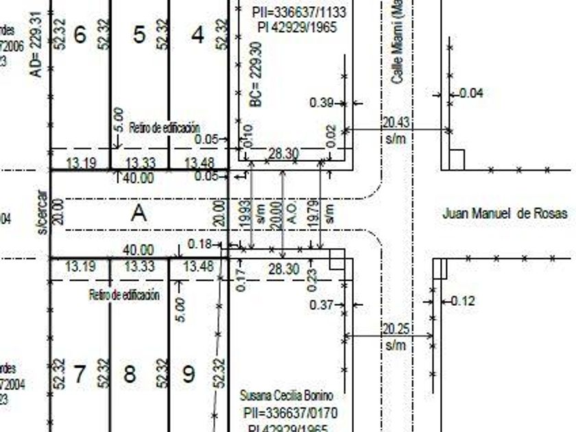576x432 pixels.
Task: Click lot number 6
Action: coord(80,34)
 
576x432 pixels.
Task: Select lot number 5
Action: coord(139,34)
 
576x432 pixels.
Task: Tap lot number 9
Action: coord(189,374)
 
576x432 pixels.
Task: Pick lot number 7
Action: coord(80,374)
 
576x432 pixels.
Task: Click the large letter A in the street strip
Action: coord(139,213)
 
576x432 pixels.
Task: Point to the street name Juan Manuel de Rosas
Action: coord(505,214)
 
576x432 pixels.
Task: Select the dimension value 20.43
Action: coord(395,122)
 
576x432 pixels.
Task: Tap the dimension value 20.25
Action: coord(395,328)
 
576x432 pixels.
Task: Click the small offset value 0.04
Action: coord(470,93)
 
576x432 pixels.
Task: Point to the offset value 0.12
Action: coord(463,300)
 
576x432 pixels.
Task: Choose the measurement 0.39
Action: coord(322,103)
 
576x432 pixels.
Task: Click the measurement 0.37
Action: coord(322,304)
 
